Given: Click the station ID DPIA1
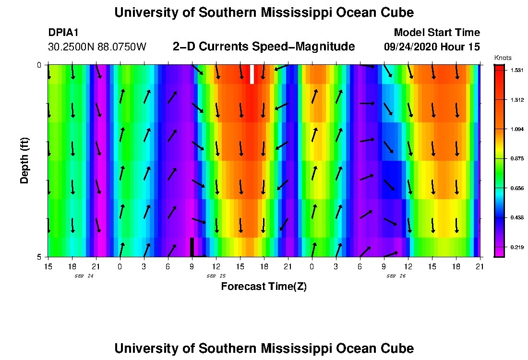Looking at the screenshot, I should [x=63, y=33].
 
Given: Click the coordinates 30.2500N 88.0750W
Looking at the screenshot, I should [x=97, y=47].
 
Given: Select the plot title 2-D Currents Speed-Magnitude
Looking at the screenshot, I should [x=264, y=47].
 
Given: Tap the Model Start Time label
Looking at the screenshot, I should [x=436, y=33].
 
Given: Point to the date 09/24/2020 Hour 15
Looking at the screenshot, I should [x=432, y=47].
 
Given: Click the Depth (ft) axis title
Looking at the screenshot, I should [x=24, y=160].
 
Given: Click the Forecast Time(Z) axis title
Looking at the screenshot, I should [x=264, y=287].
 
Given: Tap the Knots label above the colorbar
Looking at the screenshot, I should [x=503, y=58].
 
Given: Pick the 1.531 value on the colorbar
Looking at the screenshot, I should [x=516, y=70].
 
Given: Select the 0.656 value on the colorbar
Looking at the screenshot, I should [x=516, y=188].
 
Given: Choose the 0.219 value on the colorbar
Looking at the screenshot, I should [x=516, y=247].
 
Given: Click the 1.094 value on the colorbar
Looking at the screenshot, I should [x=516, y=129].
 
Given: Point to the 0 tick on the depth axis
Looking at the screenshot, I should [x=40, y=65].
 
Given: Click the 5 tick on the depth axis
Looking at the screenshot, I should [x=40, y=257].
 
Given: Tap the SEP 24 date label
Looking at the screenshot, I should [x=84, y=276].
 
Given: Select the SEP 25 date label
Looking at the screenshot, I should [x=216, y=276].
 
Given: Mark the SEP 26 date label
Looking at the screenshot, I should [x=396, y=276].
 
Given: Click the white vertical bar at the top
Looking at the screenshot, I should [x=252, y=74].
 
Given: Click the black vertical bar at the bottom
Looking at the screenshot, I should [x=192, y=247].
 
